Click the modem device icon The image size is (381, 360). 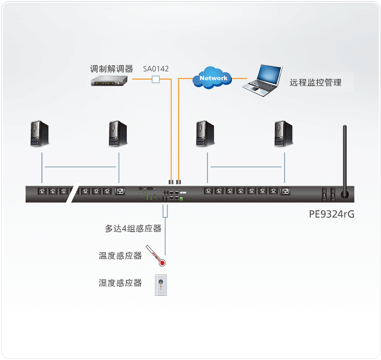click(x=109, y=81)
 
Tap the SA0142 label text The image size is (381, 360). click(x=156, y=69)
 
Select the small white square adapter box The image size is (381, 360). click(x=156, y=80)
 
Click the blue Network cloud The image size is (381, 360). click(x=212, y=78)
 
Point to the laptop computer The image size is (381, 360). click(x=262, y=81)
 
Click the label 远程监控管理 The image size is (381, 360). click(x=315, y=82)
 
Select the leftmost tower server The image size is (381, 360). click(x=39, y=133)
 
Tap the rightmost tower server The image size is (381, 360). click(x=284, y=133)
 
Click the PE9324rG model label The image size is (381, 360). click(x=331, y=214)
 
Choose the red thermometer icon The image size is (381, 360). click(x=156, y=255)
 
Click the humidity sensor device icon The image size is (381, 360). click(x=161, y=285)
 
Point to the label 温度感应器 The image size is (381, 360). click(x=120, y=255)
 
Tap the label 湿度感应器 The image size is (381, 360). click(x=120, y=283)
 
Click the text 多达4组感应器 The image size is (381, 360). click(x=133, y=228)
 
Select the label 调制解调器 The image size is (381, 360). click(x=112, y=69)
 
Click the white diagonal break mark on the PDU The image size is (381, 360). click(x=73, y=192)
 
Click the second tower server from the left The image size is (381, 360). click(x=118, y=133)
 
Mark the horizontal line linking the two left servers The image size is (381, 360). click(x=81, y=167)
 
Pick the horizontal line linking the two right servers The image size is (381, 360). click(x=246, y=167)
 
